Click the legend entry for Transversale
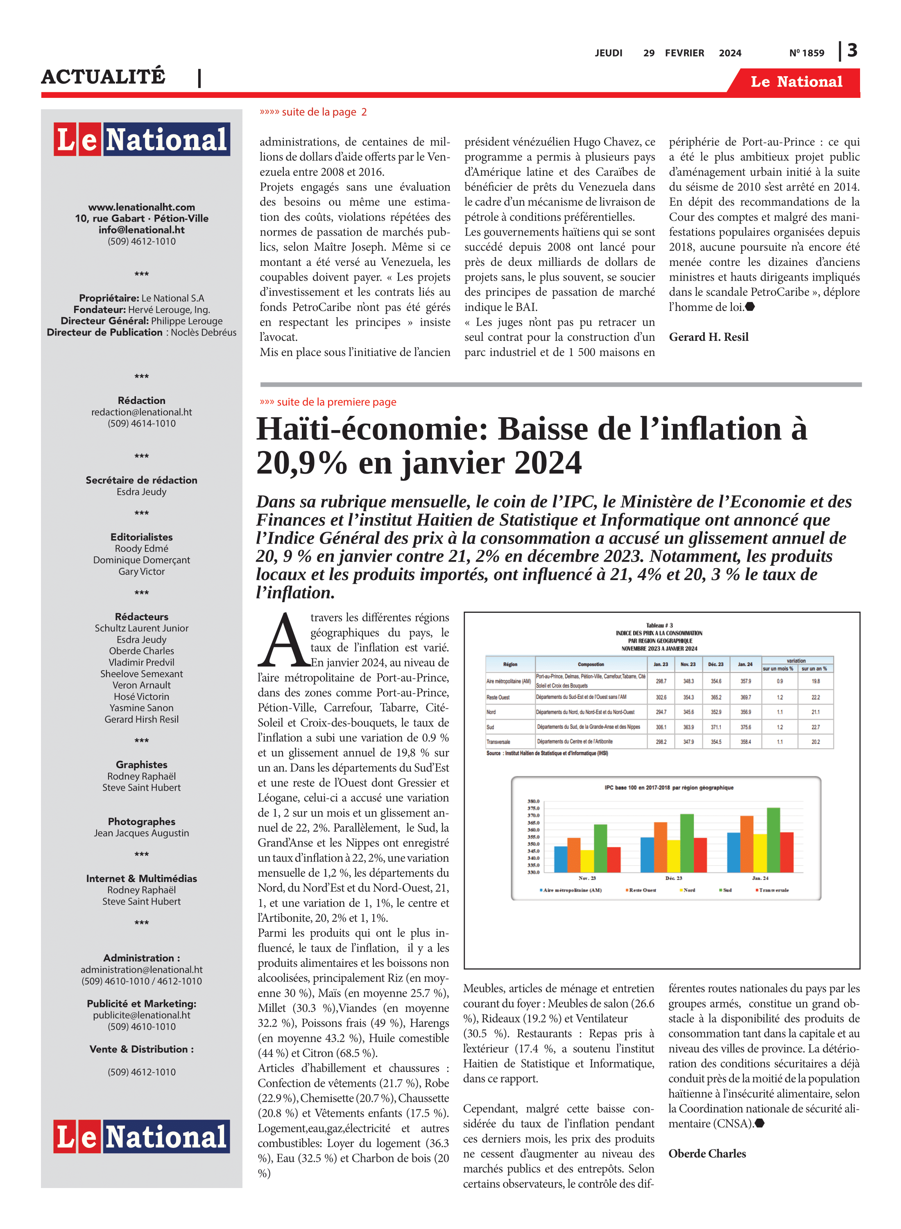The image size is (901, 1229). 773,890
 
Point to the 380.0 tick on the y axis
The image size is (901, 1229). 533,801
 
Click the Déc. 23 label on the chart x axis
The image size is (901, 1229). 674,878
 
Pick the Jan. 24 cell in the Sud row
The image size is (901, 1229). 745,727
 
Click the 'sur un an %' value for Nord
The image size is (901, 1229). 815,712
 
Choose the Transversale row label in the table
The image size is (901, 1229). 498,742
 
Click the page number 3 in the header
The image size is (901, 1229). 852,51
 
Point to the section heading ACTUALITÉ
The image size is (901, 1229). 103,76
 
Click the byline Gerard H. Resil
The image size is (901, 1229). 709,337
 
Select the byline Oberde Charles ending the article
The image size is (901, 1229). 707,1154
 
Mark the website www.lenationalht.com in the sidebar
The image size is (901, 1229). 141,207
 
